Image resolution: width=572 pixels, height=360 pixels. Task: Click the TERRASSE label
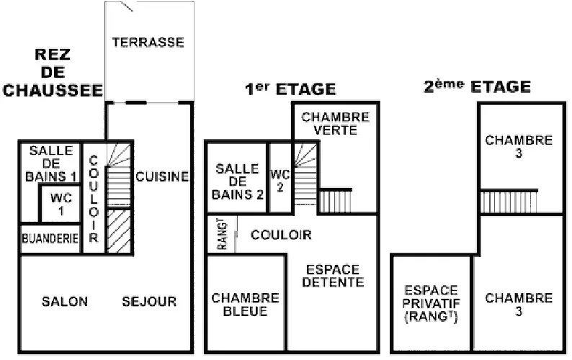(148, 42)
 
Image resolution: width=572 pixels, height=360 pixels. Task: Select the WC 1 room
(60, 204)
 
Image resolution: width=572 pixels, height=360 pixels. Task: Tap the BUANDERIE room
(50, 238)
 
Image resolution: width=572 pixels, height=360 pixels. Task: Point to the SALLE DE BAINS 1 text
(51, 163)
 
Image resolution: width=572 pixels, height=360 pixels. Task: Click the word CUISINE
(162, 176)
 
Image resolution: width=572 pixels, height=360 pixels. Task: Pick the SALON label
(65, 301)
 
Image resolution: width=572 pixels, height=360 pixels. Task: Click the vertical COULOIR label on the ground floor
(94, 199)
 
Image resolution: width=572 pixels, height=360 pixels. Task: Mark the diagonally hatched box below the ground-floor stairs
(119, 231)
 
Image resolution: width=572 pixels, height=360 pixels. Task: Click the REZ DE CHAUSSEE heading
(53, 72)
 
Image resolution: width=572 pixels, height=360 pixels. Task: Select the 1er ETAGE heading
(290, 89)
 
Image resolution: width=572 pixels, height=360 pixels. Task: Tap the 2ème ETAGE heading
(477, 87)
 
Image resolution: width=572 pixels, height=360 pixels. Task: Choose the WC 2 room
(280, 178)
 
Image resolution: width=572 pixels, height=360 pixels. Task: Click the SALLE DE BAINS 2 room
(237, 178)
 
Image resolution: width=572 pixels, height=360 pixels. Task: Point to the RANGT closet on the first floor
(222, 234)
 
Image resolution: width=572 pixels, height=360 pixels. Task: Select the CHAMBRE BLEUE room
(246, 303)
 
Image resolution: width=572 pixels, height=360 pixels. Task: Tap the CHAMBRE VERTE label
(335, 124)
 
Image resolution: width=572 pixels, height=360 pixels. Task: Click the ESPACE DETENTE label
(333, 276)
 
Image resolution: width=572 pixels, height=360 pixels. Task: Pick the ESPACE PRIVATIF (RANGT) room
(432, 303)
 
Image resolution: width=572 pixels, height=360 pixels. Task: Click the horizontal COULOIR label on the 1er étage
(281, 235)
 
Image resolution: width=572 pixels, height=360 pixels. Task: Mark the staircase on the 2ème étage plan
(509, 202)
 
